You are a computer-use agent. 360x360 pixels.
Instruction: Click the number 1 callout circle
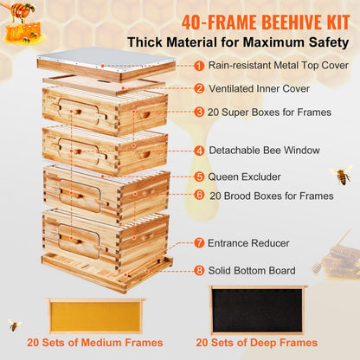point(199,65)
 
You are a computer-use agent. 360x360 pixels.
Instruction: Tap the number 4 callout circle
point(199,150)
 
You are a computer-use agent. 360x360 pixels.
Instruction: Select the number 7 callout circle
point(199,243)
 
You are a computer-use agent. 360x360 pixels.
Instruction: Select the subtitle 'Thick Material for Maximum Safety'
point(239,42)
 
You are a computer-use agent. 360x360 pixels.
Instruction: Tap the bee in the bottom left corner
point(15,325)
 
